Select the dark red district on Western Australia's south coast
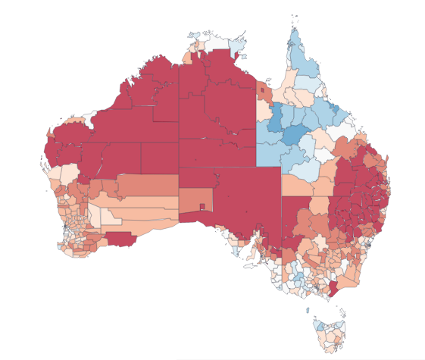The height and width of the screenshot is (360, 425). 120,239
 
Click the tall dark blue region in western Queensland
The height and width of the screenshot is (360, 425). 277,117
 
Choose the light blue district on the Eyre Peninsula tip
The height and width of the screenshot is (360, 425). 235,249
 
